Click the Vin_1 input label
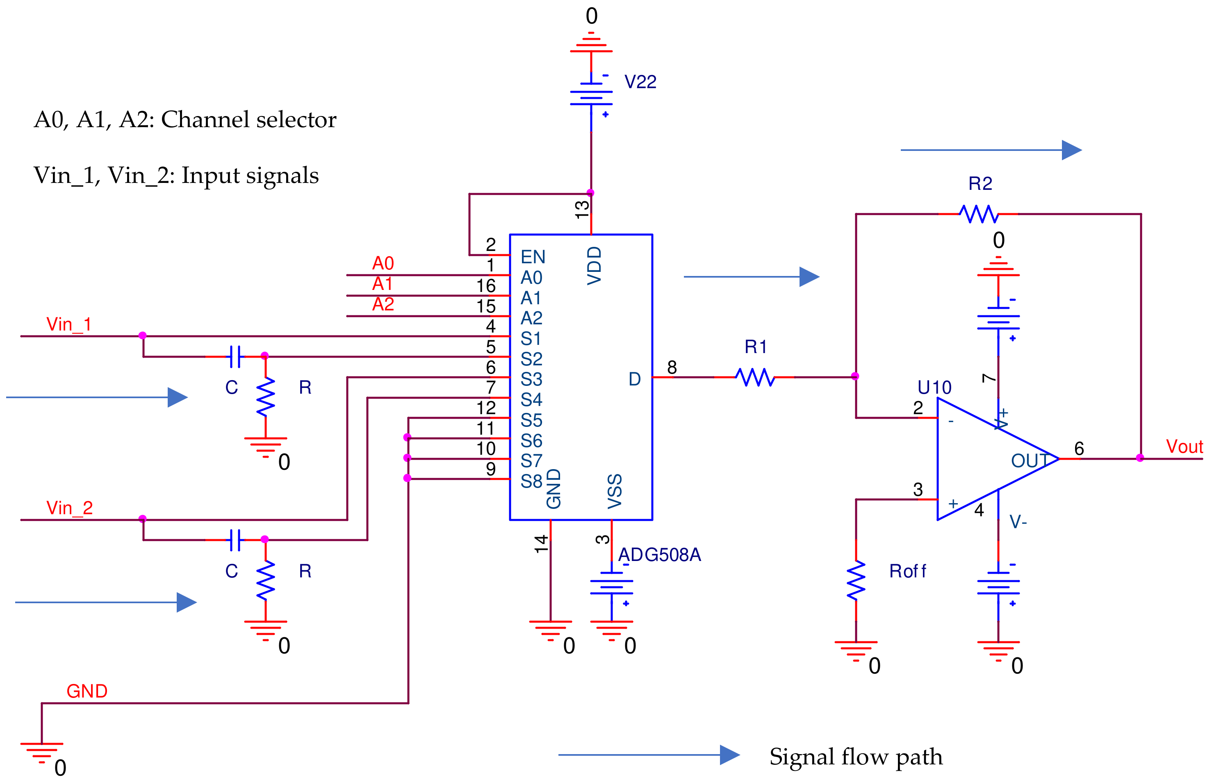pyautogui.click(x=68, y=324)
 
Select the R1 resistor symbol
pyautogui.click(x=754, y=377)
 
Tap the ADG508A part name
pyautogui.click(x=659, y=554)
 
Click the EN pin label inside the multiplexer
pyautogui.click(x=533, y=257)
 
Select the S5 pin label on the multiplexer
pyautogui.click(x=531, y=420)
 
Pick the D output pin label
pyautogui.click(x=634, y=379)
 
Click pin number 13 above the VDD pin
pyautogui.click(x=582, y=209)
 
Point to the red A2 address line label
pyautogui.click(x=383, y=304)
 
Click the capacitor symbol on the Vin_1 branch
pyautogui.click(x=235, y=356)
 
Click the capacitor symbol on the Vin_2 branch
pyautogui.click(x=235, y=540)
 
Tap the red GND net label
pyautogui.click(x=87, y=691)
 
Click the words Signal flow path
pyautogui.click(x=856, y=757)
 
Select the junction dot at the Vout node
pyautogui.click(x=1140, y=458)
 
